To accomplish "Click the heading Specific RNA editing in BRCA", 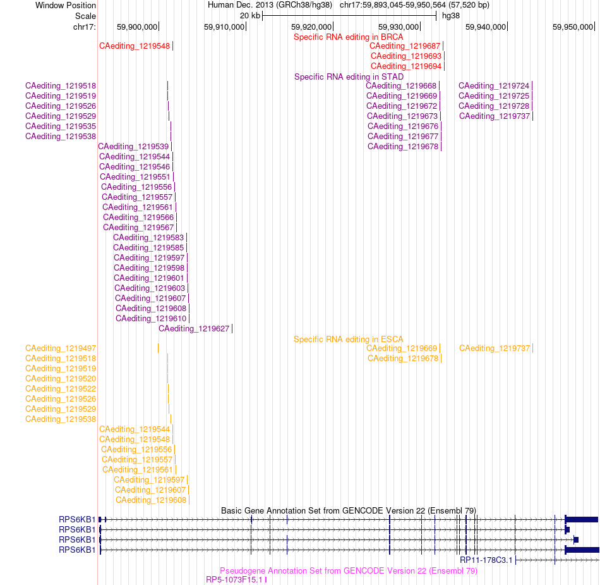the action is click(x=348, y=37).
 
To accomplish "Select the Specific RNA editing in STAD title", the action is click(x=349, y=77).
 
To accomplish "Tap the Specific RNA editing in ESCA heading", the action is click(x=348, y=340).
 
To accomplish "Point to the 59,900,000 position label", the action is click(x=137, y=27).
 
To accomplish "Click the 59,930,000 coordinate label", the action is click(x=399, y=27).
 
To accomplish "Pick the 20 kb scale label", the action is click(x=250, y=16).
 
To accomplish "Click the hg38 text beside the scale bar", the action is click(x=451, y=16).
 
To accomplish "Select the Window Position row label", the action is click(x=66, y=5).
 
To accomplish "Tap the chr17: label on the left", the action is click(x=85, y=27).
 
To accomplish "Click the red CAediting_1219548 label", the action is click(x=135, y=46).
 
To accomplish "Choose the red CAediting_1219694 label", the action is click(x=406, y=66).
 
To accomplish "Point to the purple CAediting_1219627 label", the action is click(x=194, y=329).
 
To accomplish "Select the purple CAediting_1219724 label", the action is click(x=494, y=86).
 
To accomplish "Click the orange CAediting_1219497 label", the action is click(x=61, y=348).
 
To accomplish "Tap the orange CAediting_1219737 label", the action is click(x=495, y=348).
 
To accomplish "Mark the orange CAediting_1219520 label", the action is click(x=61, y=379).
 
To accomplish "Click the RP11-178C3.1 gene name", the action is click(x=486, y=560).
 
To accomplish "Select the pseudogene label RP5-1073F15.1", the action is click(x=234, y=580).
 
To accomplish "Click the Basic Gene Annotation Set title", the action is click(x=349, y=511).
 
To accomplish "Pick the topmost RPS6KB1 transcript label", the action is click(x=77, y=520).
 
